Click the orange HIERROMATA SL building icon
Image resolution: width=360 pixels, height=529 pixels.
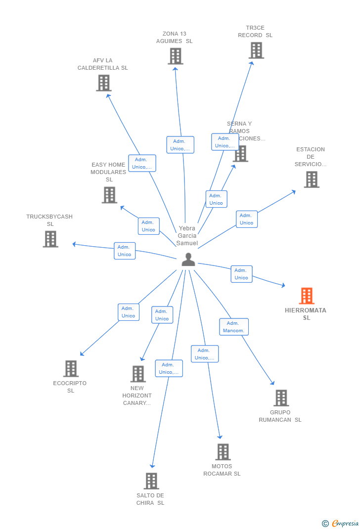[x=307, y=296]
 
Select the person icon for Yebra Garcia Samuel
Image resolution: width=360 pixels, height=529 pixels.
[x=188, y=259]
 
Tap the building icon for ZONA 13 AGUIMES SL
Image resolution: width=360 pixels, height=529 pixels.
[x=175, y=56]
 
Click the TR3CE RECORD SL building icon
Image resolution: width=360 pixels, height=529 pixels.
[x=256, y=50]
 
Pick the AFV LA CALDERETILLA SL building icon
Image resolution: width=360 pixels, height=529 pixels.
[x=103, y=83]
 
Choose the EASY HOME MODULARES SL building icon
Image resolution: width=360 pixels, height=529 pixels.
[x=109, y=195]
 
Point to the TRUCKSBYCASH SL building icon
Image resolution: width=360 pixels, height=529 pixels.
[x=50, y=239]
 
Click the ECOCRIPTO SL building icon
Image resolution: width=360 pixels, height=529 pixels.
[x=71, y=368]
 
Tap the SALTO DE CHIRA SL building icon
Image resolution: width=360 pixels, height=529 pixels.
[x=151, y=481]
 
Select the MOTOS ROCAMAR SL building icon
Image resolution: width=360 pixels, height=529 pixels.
[x=223, y=451]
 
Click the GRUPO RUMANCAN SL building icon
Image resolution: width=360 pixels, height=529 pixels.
[x=281, y=397]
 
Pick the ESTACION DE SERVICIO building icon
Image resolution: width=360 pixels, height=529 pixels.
[x=312, y=179]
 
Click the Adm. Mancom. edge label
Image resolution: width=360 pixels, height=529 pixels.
[x=233, y=327]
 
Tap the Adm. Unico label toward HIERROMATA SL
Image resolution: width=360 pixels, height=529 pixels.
[x=241, y=274]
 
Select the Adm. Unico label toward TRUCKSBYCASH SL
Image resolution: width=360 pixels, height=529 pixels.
[x=125, y=251]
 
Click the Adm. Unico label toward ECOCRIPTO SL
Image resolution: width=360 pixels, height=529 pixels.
[x=129, y=312]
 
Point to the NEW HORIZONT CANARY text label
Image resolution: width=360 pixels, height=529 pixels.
[x=137, y=396]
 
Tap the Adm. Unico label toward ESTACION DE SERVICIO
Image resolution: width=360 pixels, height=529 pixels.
[x=246, y=219]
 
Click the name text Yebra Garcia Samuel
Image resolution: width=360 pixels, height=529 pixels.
[x=187, y=236]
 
